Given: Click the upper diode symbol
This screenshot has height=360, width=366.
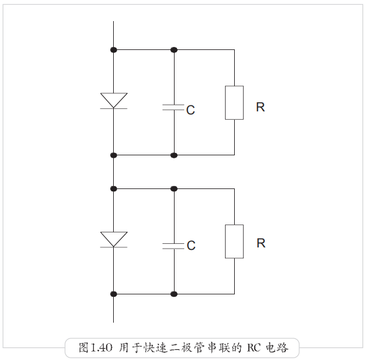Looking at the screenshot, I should pos(113,101).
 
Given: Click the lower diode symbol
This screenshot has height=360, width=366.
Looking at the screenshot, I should pos(113,239).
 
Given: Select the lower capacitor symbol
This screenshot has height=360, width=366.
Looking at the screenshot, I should pos(173,245).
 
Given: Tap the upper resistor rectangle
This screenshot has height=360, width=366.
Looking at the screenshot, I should pos(234,102).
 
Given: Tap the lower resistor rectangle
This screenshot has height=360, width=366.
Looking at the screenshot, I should pos(234,241).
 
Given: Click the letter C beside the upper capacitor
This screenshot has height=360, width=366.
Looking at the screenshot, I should pos(190,111).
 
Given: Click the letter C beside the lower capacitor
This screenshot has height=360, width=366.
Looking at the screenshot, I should pos(191,246).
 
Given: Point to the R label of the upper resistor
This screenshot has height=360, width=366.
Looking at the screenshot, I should pos(260,107).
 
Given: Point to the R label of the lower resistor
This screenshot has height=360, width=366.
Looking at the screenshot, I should pos(261,243).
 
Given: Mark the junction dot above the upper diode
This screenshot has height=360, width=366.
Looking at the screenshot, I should pos(113,49).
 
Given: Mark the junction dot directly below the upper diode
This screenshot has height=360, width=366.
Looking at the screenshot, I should pos(113,155).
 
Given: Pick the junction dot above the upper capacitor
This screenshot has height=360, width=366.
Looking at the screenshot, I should pos(173,49).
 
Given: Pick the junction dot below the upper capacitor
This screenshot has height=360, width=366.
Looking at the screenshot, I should pos(173,155).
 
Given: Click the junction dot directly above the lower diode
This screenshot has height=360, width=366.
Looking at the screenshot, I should pos(113,188).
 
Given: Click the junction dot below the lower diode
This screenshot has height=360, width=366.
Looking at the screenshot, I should pos(113,294).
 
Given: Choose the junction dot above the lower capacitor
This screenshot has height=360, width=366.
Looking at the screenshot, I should pos(173,188).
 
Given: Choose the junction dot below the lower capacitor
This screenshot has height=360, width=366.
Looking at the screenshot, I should pos(173,294).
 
